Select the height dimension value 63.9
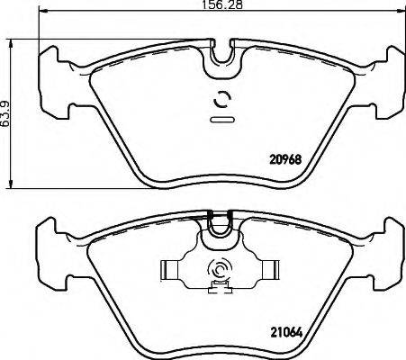click(x=5, y=115)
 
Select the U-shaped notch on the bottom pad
click(x=220, y=229)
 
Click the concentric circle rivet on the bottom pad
click(x=219, y=269)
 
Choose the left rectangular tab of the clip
click(x=169, y=269)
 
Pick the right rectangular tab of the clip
click(x=267, y=269)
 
